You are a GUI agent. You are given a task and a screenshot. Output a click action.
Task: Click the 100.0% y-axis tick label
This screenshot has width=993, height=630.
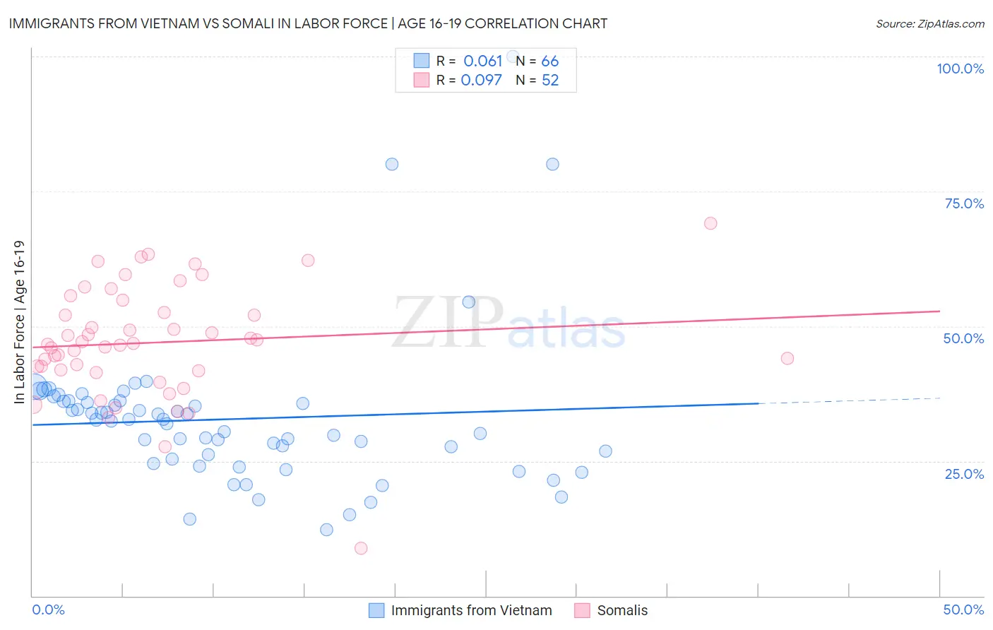960,69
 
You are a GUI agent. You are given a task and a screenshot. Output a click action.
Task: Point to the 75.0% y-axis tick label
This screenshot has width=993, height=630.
964,203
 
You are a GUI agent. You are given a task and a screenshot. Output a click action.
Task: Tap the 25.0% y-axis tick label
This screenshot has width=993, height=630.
964,473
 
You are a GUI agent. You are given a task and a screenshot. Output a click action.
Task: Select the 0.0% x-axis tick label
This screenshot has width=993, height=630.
48,610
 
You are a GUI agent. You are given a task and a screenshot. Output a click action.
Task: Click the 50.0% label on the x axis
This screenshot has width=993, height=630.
963,610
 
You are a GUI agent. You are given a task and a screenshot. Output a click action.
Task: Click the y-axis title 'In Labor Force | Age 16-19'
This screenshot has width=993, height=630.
19,322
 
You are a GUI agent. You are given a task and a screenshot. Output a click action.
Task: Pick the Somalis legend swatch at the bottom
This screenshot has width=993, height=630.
582,610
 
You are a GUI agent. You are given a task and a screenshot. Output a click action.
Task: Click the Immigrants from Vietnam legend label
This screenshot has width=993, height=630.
471,610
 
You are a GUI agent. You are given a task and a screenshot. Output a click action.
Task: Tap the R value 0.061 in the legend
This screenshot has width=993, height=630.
482,61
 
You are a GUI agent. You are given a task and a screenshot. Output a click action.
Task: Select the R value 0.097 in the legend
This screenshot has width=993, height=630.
481,80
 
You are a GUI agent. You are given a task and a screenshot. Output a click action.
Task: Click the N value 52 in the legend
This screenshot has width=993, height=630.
550,80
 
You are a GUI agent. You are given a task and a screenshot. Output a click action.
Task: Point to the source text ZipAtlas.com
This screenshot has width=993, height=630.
929,23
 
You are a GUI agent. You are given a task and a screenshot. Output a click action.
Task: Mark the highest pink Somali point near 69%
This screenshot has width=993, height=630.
710,223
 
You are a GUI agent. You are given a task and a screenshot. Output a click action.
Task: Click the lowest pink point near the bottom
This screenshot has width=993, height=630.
361,548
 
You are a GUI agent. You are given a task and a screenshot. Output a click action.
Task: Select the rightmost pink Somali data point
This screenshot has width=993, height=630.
787,358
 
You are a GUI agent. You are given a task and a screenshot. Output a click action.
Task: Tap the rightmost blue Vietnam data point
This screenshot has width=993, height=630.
605,451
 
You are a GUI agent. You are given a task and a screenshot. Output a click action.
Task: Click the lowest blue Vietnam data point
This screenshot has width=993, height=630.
326,530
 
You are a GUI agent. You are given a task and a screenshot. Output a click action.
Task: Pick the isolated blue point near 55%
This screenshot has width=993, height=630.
468,302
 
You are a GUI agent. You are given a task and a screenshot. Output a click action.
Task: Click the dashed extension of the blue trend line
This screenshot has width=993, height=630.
848,400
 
